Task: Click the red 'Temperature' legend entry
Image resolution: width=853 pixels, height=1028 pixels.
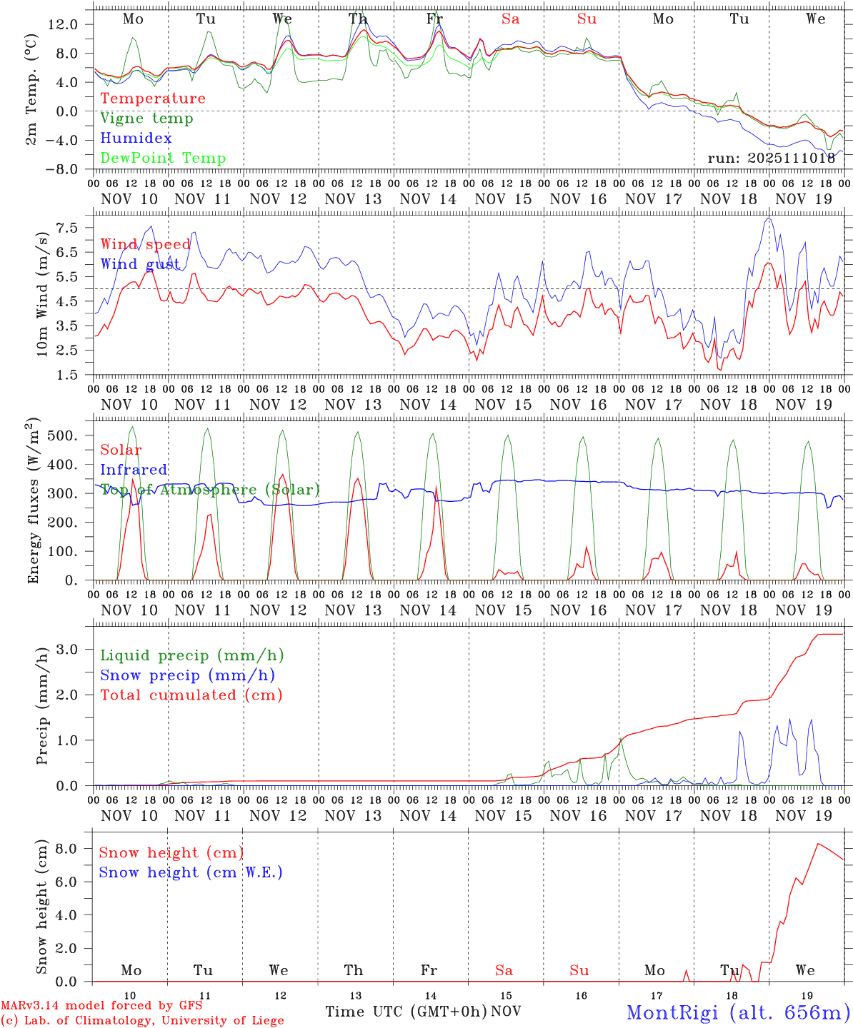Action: (x=153, y=99)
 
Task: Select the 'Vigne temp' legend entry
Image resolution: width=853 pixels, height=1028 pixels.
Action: (x=146, y=119)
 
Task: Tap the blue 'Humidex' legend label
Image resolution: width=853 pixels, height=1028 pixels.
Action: (x=136, y=138)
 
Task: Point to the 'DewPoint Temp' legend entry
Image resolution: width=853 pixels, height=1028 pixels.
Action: (x=163, y=158)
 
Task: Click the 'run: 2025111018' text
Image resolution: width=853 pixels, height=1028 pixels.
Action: (x=772, y=158)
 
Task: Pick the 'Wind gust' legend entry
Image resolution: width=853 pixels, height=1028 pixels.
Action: (x=140, y=264)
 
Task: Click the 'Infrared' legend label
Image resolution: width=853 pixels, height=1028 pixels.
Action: (x=134, y=470)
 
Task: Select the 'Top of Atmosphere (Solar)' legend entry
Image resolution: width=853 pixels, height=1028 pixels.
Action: (x=210, y=490)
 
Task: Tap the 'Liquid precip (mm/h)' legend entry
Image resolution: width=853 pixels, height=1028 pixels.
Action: (x=191, y=655)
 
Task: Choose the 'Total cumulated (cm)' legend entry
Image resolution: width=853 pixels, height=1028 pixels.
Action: (x=191, y=695)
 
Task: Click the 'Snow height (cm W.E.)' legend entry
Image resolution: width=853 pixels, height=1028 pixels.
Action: (x=191, y=872)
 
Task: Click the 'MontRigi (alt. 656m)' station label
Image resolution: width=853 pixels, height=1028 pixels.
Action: (x=739, y=1012)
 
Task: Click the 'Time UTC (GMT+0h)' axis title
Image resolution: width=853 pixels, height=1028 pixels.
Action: (x=406, y=1012)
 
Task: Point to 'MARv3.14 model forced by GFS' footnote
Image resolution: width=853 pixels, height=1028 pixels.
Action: (x=101, y=1006)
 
